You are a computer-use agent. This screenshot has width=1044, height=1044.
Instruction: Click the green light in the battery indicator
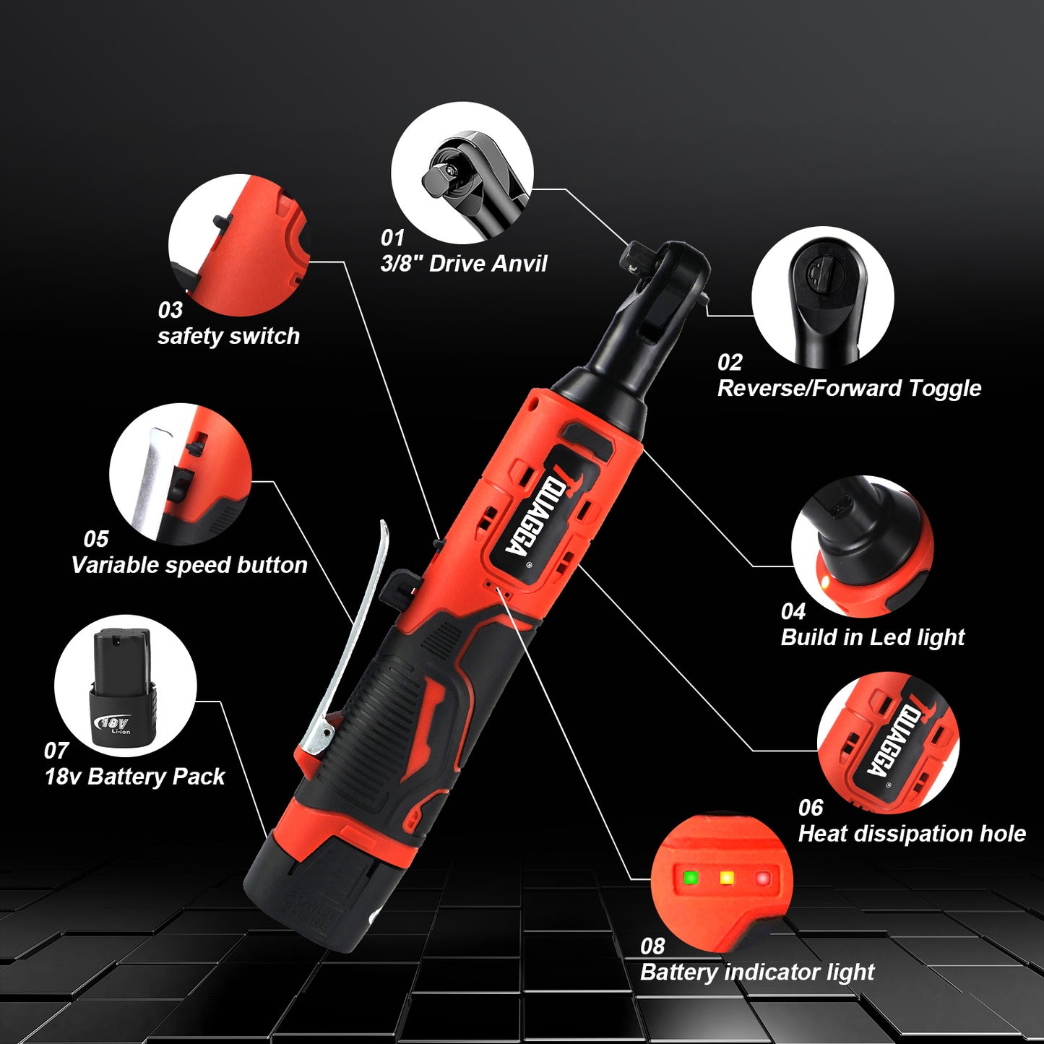(691, 878)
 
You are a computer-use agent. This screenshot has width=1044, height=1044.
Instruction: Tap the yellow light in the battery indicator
(727, 878)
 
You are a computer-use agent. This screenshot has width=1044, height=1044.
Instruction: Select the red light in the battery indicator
(762, 879)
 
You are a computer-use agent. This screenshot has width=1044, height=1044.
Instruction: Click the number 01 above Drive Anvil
(392, 238)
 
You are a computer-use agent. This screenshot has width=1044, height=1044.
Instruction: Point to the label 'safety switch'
(228, 336)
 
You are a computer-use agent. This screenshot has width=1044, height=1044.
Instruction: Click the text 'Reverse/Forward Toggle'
(849, 388)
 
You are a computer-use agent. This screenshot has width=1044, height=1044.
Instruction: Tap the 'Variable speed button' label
(189, 565)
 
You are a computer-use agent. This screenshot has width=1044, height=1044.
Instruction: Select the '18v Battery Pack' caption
(135, 777)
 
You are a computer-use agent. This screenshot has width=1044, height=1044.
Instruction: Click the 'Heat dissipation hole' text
(912, 834)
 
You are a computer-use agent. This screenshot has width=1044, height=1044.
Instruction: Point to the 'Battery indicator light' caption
(757, 972)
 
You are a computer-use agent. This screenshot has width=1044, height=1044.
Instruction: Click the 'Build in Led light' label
(873, 637)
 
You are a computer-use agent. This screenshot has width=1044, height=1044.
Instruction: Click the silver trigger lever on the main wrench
(354, 636)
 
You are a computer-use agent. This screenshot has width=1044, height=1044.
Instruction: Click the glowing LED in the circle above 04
(824, 582)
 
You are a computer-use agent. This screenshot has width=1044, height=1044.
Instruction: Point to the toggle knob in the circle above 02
(819, 275)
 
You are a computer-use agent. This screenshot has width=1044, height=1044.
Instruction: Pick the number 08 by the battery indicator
(652, 946)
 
